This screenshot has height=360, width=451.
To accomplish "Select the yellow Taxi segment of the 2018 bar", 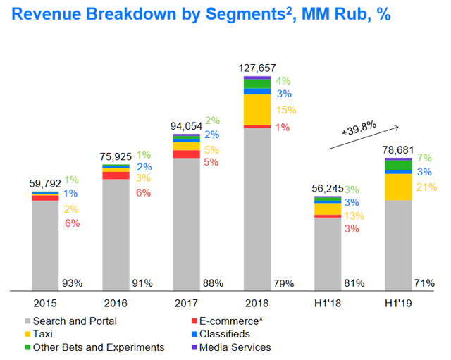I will point(257,109).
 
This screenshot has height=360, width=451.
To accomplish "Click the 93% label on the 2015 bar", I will point(72,283).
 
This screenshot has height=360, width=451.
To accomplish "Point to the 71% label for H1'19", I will point(425,283).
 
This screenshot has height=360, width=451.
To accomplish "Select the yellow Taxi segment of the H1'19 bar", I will point(398,187).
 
